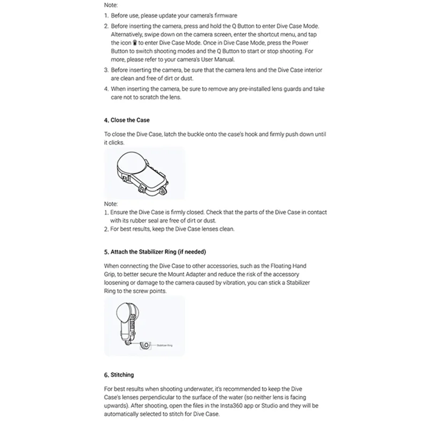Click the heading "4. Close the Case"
tap(127, 120)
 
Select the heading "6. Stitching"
tap(119, 375)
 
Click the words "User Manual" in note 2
tap(202, 59)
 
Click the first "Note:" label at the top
tap(111, 5)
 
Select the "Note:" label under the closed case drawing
tap(111, 204)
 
